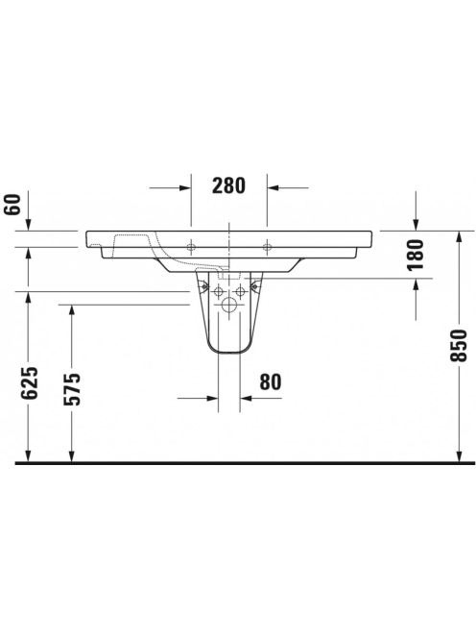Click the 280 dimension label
pyautogui.click(x=228, y=186)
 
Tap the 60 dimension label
pyautogui.click(x=13, y=205)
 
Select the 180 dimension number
pyautogui.click(x=415, y=256)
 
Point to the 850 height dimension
pyautogui.click(x=460, y=346)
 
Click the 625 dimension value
pyautogui.click(x=30, y=382)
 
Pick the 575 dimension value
pyautogui.click(x=73, y=389)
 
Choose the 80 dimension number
pyautogui.click(x=271, y=382)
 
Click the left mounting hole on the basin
pyautogui.click(x=191, y=247)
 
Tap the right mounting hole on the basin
pyautogui.click(x=267, y=247)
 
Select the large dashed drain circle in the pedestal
pyautogui.click(x=229, y=305)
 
